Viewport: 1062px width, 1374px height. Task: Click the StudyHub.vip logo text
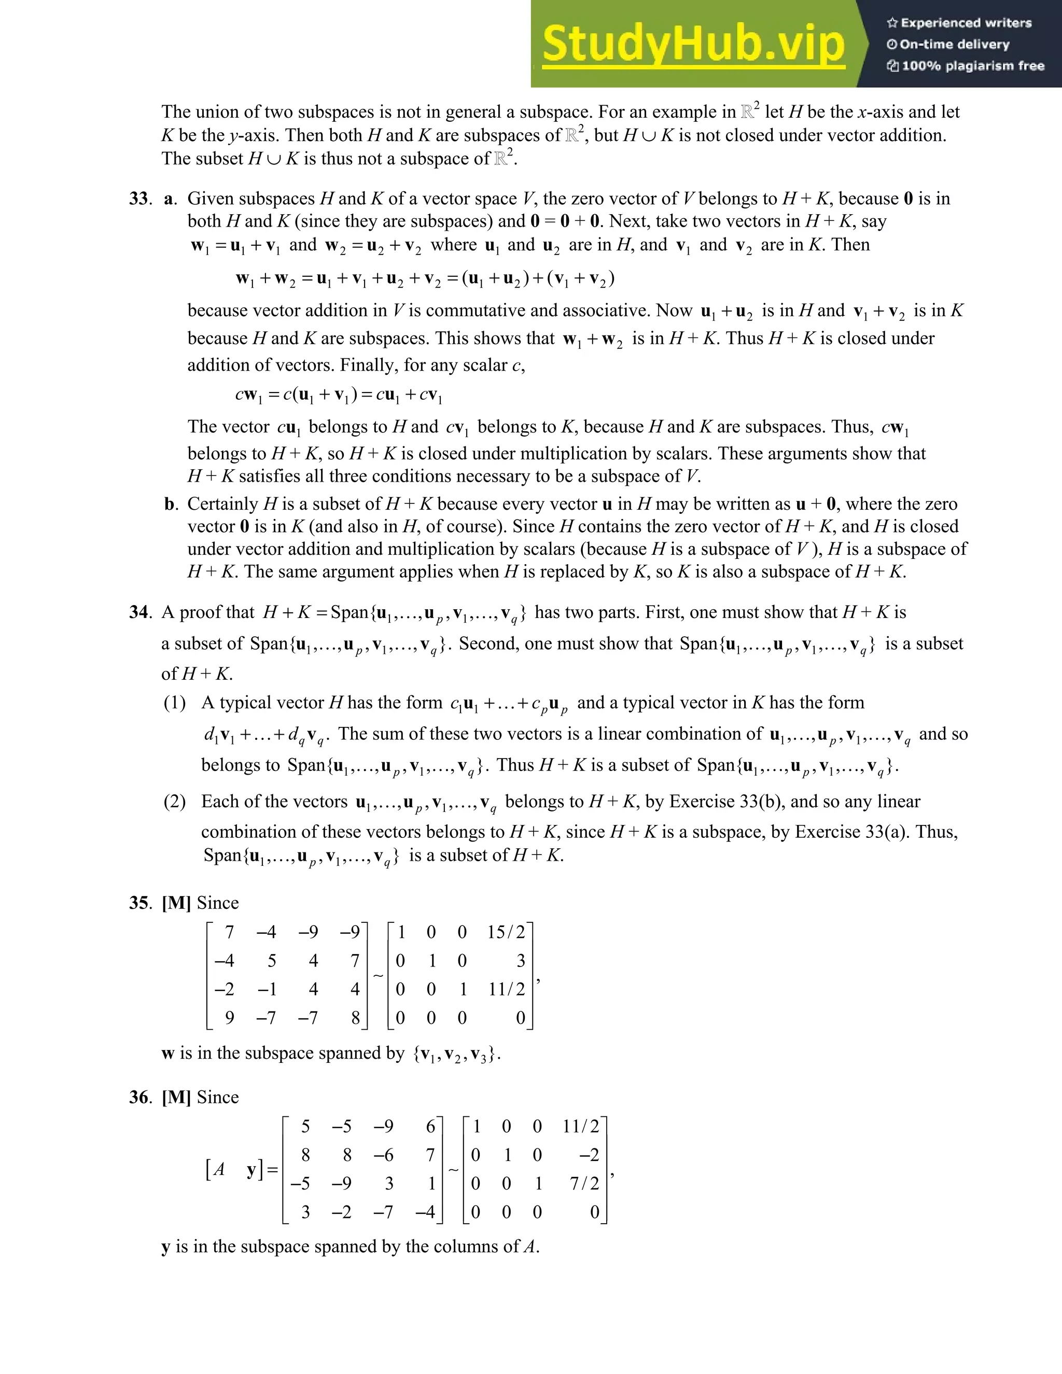pyautogui.click(x=693, y=44)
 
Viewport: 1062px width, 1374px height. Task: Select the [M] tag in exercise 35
pyautogui.click(x=176, y=903)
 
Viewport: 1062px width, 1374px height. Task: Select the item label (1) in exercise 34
pyautogui.click(x=174, y=703)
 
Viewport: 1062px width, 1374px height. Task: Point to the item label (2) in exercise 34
pyautogui.click(x=174, y=802)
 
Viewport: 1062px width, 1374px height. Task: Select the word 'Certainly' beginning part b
pyautogui.click(x=222, y=504)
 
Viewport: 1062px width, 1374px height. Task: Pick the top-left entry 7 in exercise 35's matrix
pyautogui.click(x=229, y=932)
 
